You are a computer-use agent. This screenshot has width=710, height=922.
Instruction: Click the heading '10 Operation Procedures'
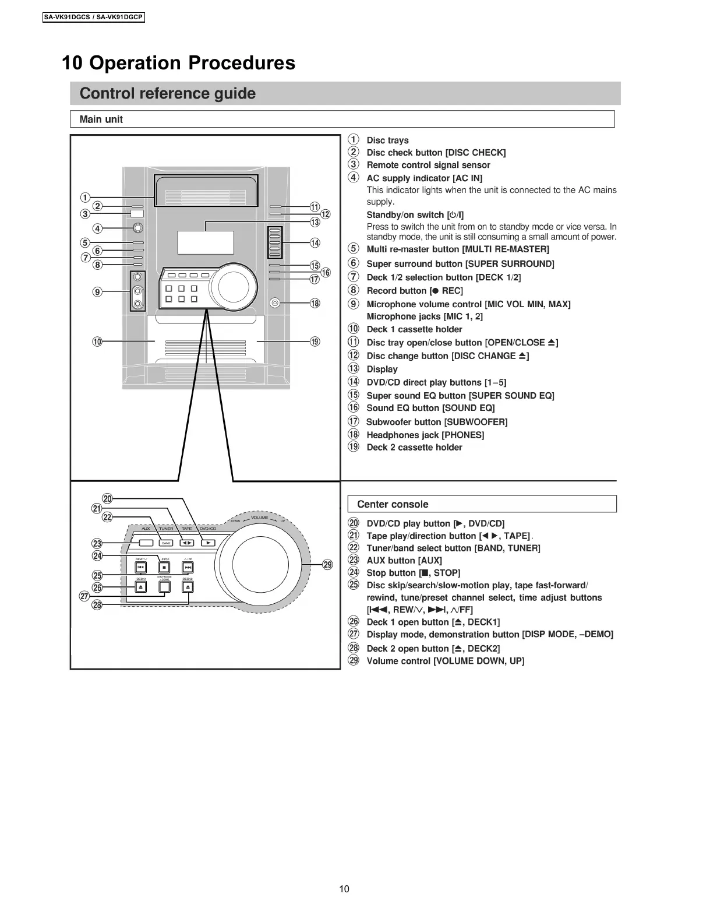tap(178, 63)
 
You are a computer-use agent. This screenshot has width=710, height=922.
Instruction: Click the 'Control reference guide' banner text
tap(167, 93)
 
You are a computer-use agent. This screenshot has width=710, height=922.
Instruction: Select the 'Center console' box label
tap(393, 504)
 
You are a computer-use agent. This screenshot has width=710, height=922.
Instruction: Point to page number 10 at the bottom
tap(344, 889)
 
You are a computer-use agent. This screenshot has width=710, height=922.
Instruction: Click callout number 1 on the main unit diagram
tap(86, 196)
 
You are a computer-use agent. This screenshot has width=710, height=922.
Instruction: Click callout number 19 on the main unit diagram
tap(315, 342)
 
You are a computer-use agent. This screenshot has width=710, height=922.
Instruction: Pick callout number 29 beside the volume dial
tap(328, 564)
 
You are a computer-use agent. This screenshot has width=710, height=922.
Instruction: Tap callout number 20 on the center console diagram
tap(107, 498)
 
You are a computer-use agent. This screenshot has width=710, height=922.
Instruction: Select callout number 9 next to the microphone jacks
tap(97, 291)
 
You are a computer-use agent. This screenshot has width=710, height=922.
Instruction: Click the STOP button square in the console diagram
tap(164, 566)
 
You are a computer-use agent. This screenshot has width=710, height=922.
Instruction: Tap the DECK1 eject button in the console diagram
tap(141, 587)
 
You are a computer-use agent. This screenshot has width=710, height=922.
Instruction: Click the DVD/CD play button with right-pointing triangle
tap(208, 543)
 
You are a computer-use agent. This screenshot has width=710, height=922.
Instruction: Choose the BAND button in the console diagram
tap(166, 543)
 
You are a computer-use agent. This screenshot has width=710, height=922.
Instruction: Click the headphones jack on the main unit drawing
tap(275, 302)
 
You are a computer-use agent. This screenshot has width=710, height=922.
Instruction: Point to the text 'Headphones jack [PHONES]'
tap(425, 435)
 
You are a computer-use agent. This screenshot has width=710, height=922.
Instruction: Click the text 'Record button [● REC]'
tap(414, 290)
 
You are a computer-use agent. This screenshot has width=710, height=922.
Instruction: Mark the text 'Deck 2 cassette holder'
tap(414, 448)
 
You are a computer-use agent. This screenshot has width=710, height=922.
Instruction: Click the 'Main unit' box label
tap(101, 119)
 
